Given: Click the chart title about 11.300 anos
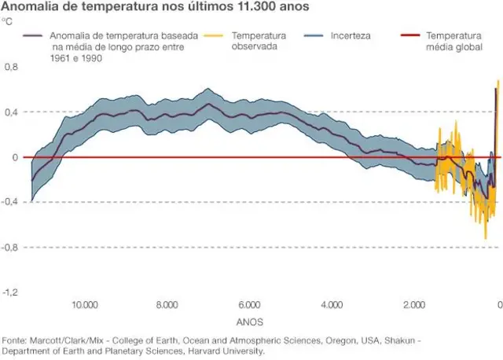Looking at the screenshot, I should coord(155,7).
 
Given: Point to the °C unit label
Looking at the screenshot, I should coord(6,21).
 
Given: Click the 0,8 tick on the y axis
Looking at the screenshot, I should coord(10,68).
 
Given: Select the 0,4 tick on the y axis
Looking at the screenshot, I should coord(10,112).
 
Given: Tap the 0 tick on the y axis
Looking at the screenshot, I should coord(14,157).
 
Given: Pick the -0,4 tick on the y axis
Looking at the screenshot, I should coord(9,202).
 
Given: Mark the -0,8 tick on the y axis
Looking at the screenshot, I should coord(9,247).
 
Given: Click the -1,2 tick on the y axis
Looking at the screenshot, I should coord(9,292).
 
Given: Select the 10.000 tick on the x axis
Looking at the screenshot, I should coord(85,306).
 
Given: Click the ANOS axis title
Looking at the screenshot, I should coord(249,322).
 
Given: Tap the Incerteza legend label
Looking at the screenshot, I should coord(351,36).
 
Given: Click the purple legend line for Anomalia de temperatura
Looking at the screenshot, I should coord(34,36).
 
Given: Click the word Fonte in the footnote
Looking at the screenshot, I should coord(15,340).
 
